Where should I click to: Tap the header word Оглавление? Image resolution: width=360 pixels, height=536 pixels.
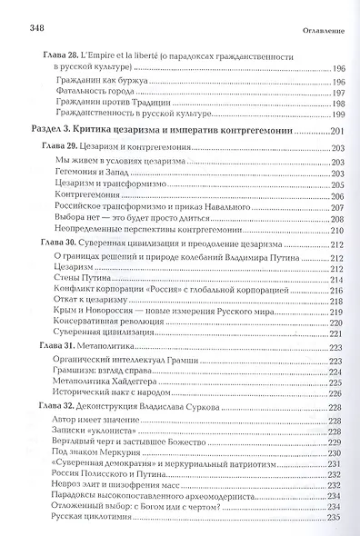coord(316,33)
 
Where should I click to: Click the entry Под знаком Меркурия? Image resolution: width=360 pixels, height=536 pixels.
coord(95,474)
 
